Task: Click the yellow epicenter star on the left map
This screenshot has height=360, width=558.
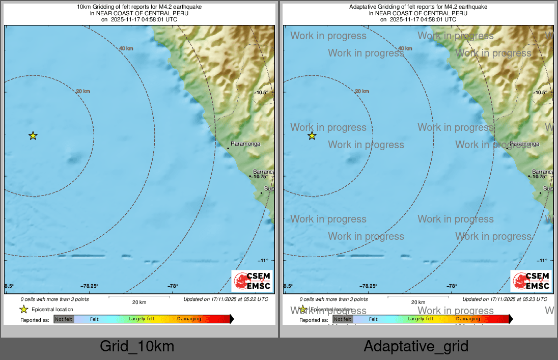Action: tap(33, 135)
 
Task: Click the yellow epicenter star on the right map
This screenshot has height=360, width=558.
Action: tap(312, 135)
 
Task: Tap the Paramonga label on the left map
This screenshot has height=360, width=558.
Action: tap(245, 144)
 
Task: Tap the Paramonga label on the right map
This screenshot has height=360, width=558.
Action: tap(524, 144)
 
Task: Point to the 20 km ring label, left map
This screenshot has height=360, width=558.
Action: tap(82, 91)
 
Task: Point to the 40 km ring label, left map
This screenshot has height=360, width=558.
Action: tap(126, 48)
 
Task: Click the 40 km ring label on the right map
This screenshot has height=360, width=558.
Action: tap(405, 48)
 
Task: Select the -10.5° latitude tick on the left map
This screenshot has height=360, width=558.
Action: tap(261, 92)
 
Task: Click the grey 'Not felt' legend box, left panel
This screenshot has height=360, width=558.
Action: tap(64, 319)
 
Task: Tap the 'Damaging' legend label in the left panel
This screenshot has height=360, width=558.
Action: tap(189, 319)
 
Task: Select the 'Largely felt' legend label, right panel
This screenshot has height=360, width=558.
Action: tap(421, 319)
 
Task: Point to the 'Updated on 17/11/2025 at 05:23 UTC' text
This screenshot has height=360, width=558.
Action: tap(505, 299)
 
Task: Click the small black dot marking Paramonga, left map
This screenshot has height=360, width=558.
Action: tap(228, 148)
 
